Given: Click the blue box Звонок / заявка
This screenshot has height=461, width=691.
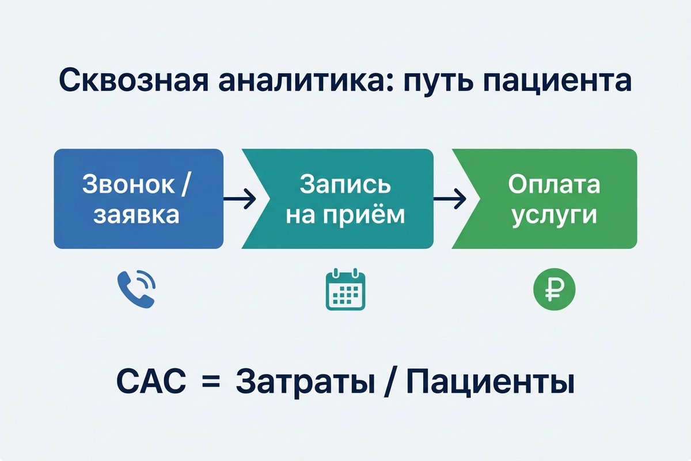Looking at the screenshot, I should (x=138, y=199).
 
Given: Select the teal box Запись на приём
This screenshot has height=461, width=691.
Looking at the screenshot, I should (x=345, y=199).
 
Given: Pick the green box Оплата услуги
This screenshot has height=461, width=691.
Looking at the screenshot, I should (x=553, y=199).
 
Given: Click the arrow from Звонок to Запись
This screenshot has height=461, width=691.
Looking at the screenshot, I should (x=239, y=199).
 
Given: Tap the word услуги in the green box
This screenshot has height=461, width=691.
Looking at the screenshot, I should (x=553, y=216).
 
